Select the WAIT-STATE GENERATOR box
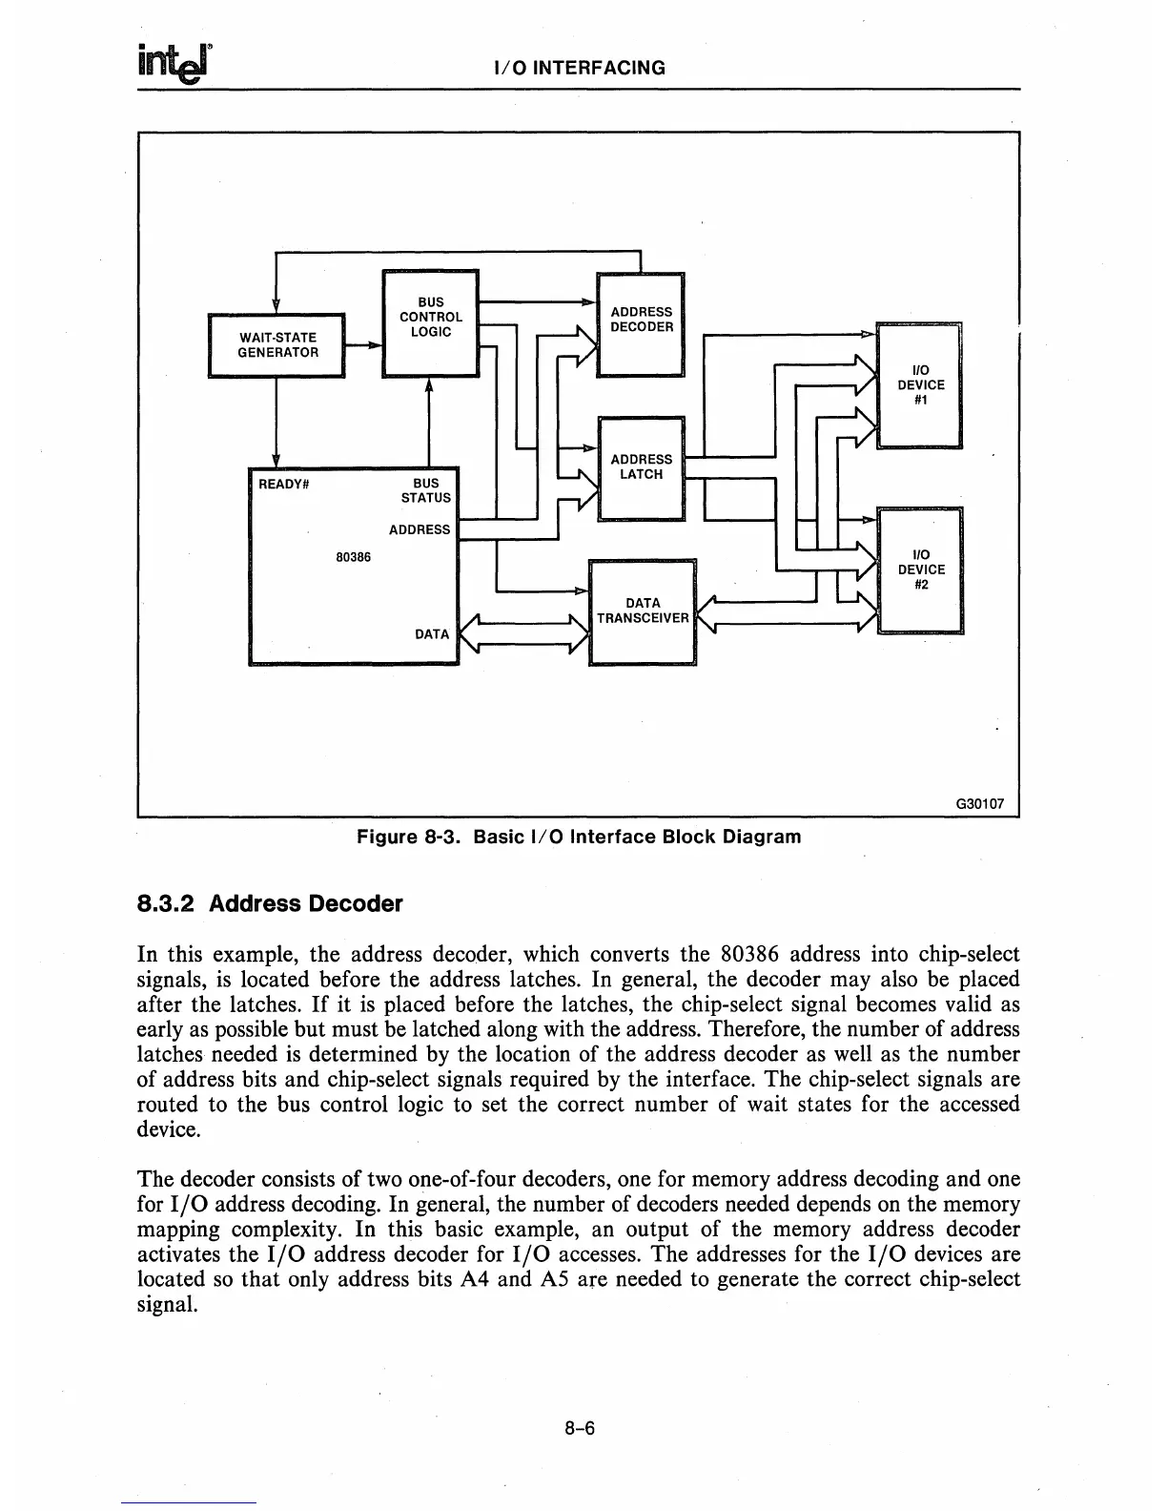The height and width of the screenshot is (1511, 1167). tap(276, 345)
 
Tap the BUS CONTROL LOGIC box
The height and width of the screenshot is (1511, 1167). tap(430, 323)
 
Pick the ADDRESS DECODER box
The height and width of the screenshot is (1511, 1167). tap(641, 324)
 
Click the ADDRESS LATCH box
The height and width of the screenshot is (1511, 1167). tap(641, 468)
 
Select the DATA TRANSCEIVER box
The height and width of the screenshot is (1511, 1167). tap(643, 611)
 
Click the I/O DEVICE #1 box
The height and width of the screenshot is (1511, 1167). tap(920, 385)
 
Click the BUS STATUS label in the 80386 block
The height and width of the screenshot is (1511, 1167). tap(426, 490)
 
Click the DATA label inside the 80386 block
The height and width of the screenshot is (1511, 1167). tap(432, 633)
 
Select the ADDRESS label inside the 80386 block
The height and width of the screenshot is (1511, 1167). tap(420, 529)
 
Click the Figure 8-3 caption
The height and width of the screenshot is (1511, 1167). tap(579, 837)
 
